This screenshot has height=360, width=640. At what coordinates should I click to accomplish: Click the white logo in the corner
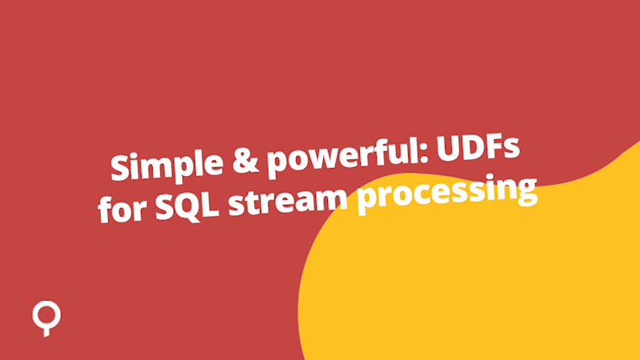click(x=46, y=317)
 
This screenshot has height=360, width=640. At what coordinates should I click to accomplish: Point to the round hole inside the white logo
click(x=46, y=313)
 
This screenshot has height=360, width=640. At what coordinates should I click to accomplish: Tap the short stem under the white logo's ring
click(x=46, y=330)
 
